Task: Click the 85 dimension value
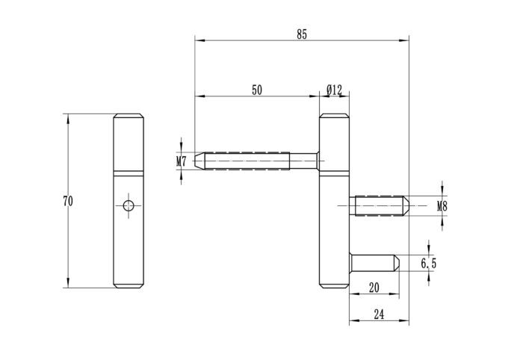301,34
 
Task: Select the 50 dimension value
256,90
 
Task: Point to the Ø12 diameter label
333,90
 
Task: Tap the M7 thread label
181,161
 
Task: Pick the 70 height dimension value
68,201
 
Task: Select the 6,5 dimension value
429,263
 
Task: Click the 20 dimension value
374,288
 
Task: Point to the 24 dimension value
378,315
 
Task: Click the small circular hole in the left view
129,204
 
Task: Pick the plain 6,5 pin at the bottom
374,263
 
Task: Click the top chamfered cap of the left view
129,117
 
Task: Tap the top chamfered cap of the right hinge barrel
334,117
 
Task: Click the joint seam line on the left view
129,173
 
